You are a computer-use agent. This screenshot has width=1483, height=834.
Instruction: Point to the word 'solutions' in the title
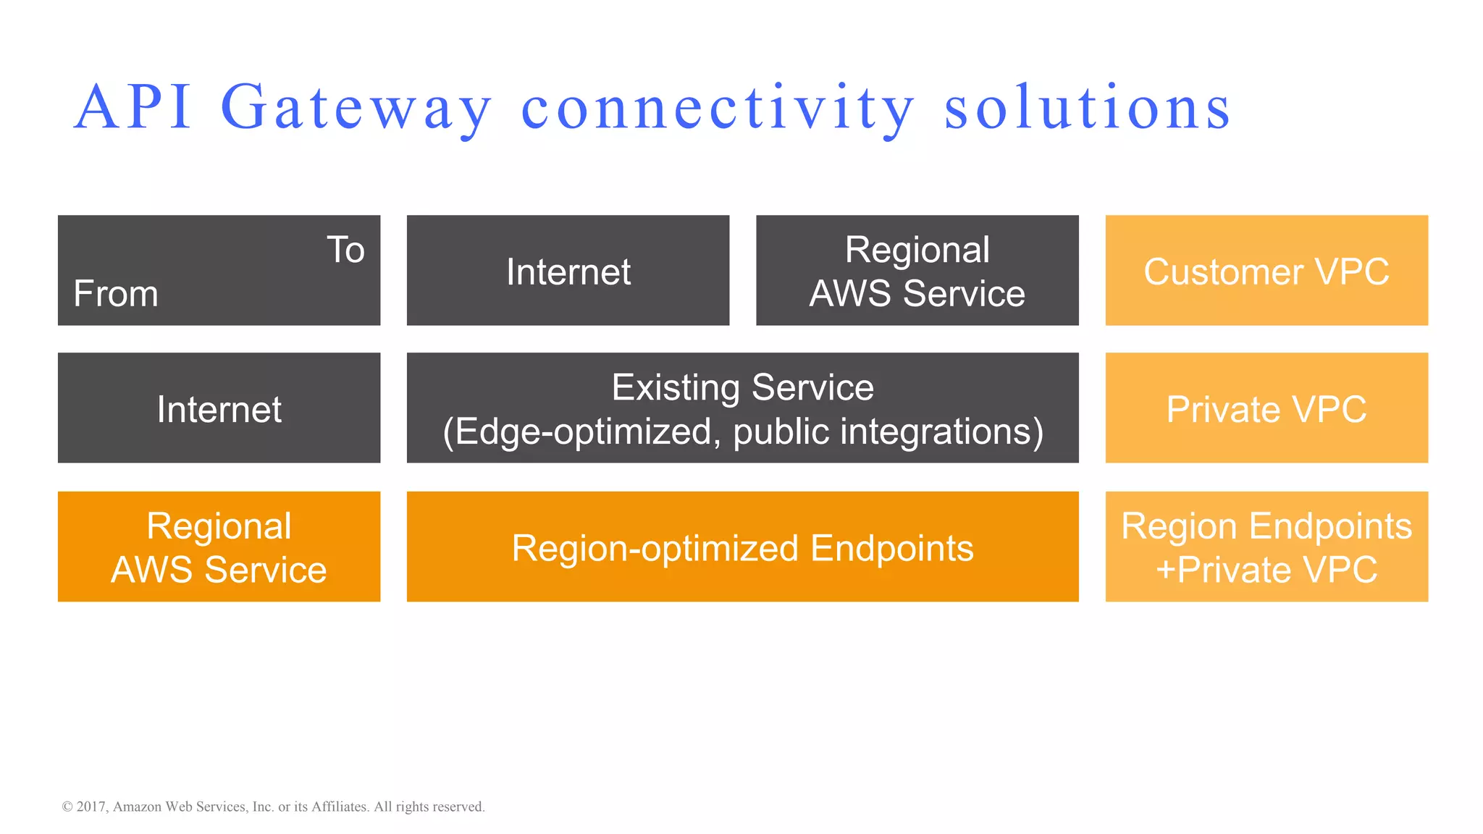[1087, 107]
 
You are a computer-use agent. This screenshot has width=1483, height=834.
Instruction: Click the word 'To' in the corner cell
[345, 250]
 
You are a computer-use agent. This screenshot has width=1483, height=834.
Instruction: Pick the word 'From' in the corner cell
[116, 294]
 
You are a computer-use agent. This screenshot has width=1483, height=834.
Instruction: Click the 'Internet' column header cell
[568, 271]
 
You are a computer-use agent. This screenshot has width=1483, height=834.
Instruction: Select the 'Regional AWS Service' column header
[917, 271]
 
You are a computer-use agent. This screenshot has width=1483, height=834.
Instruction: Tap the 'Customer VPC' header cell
[1266, 271]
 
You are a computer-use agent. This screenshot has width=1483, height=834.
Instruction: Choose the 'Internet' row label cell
[219, 408]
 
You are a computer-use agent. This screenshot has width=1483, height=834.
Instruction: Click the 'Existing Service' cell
[742, 387]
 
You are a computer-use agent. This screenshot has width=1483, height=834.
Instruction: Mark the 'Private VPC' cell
[1266, 408]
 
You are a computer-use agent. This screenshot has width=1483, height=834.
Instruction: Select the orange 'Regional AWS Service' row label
[219, 547]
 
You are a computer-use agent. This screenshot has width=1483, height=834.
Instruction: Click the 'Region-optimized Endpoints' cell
[742, 547]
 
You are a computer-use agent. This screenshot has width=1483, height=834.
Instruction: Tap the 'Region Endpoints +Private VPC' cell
[1266, 547]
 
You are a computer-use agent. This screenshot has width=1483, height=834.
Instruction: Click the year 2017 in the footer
[91, 806]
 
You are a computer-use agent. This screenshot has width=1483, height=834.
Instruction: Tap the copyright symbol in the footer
[67, 806]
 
